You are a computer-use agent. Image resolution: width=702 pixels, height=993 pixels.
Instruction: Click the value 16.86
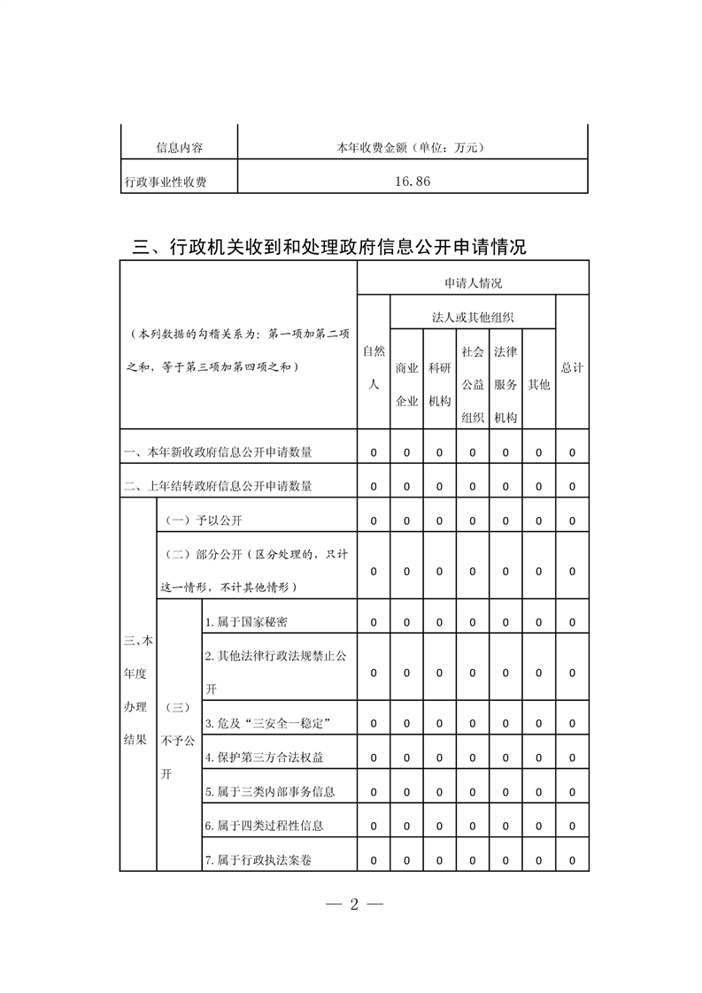[x=413, y=181]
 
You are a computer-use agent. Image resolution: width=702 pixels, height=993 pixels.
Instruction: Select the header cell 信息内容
[x=179, y=147]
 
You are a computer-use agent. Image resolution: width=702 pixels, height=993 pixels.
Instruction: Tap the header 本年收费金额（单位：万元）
[x=413, y=147]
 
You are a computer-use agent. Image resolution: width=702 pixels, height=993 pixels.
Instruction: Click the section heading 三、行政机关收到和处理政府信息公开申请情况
[x=329, y=247]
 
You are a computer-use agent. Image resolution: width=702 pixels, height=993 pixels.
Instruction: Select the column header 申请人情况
[x=473, y=283]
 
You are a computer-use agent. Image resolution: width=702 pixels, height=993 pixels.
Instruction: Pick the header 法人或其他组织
[x=473, y=317]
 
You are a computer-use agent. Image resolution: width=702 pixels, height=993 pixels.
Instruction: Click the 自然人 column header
[x=374, y=367]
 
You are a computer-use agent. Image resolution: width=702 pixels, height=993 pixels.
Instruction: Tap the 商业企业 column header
[x=406, y=384]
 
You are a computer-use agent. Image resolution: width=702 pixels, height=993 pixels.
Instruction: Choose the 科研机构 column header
[x=440, y=384]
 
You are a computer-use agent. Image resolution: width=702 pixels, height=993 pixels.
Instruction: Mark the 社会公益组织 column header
[x=473, y=384]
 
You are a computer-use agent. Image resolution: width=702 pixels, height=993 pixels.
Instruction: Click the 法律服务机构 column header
[x=505, y=384]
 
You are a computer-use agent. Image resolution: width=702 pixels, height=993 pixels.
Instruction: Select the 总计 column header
[x=572, y=367]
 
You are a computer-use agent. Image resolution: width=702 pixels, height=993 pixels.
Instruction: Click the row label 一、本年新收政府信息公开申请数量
[x=218, y=452]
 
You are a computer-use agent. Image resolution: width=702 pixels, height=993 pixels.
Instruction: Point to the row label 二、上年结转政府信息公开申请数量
[x=218, y=486]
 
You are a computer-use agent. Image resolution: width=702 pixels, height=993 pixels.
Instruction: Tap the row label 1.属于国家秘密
[x=245, y=622]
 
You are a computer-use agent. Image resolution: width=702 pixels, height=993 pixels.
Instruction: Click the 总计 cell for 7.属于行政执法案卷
[x=572, y=860]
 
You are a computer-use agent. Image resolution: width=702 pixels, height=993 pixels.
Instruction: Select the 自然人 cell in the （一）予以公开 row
[x=374, y=520]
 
